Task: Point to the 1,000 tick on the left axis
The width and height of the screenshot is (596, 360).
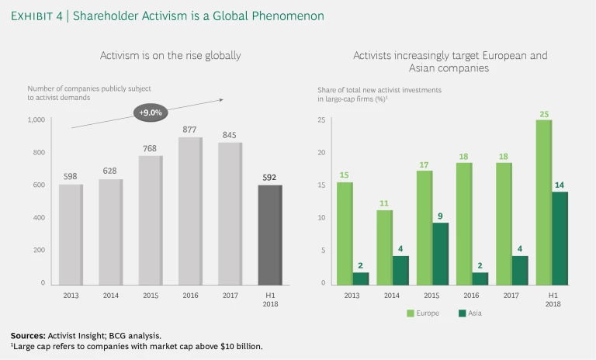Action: [x=36, y=120]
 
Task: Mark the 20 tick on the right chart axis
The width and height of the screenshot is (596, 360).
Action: [x=322, y=153]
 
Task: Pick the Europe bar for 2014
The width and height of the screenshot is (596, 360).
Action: [x=384, y=247]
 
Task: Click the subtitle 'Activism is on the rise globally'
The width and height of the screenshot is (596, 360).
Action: [x=171, y=56]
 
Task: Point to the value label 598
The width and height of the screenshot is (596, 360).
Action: [x=70, y=176]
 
